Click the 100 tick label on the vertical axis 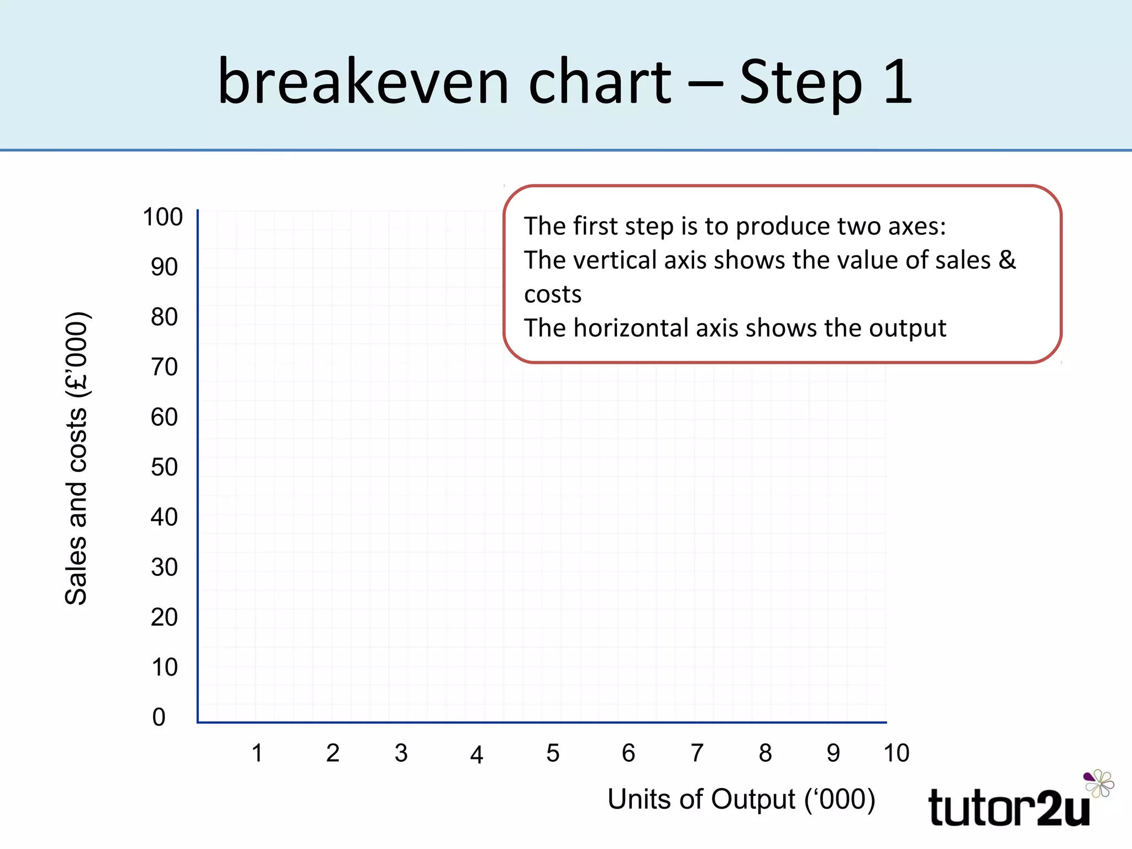163,217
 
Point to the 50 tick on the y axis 164,467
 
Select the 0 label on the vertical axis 159,717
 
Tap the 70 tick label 164,367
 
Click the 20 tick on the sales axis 164,617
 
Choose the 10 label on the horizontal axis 896,753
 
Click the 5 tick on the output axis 553,753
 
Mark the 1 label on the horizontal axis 257,753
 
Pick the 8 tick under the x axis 765,753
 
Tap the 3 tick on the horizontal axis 401,753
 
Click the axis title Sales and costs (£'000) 76,459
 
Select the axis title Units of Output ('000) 741,799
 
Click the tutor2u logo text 1008,808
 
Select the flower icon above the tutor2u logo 1099,783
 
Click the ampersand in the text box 1007,260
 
